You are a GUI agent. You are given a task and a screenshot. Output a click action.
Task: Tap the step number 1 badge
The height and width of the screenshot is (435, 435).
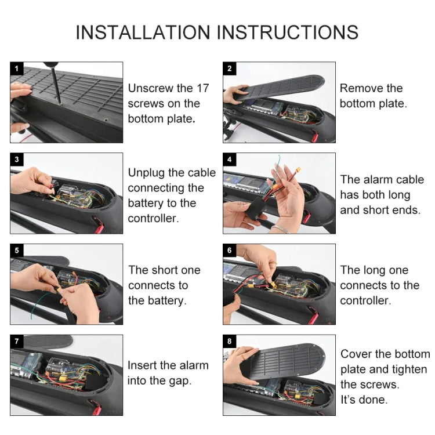pyautogui.click(x=16, y=68)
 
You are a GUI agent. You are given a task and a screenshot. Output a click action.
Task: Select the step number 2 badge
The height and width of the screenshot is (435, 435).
pyautogui.click(x=229, y=68)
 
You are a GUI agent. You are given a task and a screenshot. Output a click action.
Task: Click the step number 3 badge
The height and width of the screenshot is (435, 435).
pyautogui.click(x=16, y=159)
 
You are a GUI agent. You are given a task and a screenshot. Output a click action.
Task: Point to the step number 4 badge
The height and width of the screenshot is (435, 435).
pyautogui.click(x=229, y=159)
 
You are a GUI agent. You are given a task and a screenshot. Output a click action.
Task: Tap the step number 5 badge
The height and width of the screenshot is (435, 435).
pyautogui.click(x=16, y=251)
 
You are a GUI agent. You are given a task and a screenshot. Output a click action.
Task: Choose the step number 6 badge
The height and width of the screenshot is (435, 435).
pyautogui.click(x=229, y=251)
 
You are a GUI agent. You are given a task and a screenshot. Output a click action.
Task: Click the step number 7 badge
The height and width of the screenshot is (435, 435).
pyautogui.click(x=16, y=341)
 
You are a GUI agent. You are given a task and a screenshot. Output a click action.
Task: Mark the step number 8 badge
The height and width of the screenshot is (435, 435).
pyautogui.click(x=229, y=341)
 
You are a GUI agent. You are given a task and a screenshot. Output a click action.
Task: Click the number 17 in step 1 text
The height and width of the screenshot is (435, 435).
pyautogui.click(x=202, y=89)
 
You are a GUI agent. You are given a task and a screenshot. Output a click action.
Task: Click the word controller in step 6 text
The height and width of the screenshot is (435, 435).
pyautogui.click(x=365, y=300)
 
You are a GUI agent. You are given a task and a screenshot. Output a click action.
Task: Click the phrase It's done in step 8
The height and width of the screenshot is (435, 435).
pyautogui.click(x=364, y=400)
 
